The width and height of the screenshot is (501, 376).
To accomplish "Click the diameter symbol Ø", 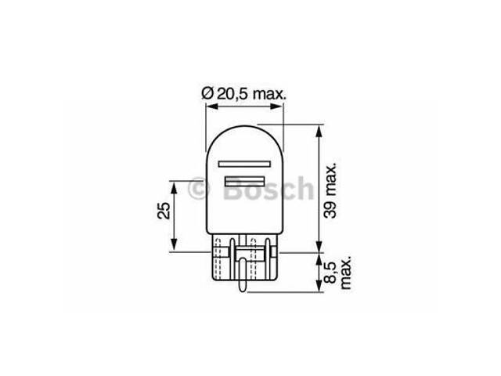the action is pos(207,94).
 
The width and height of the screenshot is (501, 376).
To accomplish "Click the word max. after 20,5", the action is pos(269,95).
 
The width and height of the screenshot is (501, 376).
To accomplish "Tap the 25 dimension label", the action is pos(164,210).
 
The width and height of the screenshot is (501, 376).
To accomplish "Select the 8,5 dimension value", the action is pos(330,272).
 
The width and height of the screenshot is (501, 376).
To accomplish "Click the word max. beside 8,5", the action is pos(346,273).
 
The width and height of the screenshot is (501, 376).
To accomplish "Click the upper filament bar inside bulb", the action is pos(244,164).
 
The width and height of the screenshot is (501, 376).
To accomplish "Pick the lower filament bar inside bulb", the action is pos(245,181).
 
